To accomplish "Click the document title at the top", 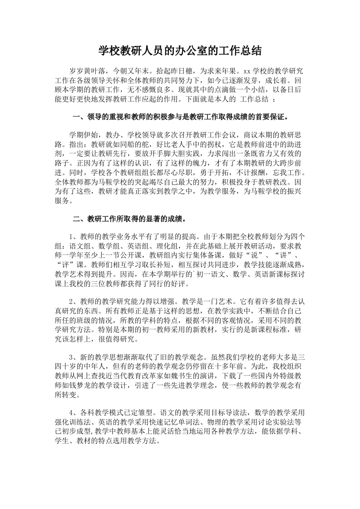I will click(180, 50).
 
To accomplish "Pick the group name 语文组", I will click(80, 246).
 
